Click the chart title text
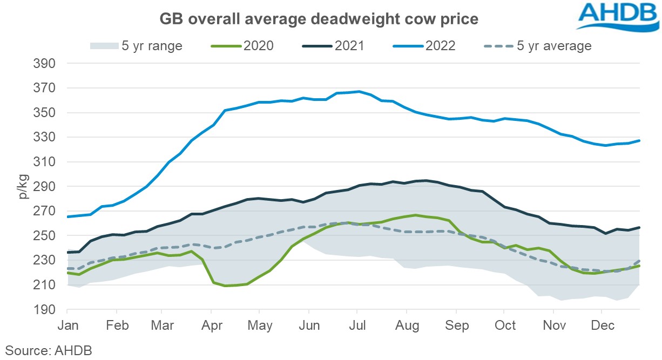pos(319,19)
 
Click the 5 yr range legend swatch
pos(103,46)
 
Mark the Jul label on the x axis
pos(356,326)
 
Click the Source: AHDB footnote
pos(49,349)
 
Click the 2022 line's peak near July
pos(359,91)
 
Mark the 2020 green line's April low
pos(225,286)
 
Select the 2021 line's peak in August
pos(426,180)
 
